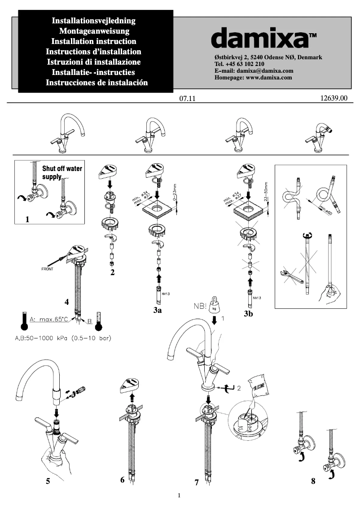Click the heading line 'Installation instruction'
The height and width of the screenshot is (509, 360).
pos(94,41)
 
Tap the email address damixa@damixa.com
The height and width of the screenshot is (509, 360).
pos(265,71)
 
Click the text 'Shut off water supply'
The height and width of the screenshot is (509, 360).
pos(61,173)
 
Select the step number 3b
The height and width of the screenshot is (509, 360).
pos(248,314)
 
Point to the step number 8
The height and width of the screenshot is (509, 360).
pos(313,482)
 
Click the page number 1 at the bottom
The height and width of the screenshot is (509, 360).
pos(179,496)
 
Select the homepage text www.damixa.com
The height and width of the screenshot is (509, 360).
pos(269,77)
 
